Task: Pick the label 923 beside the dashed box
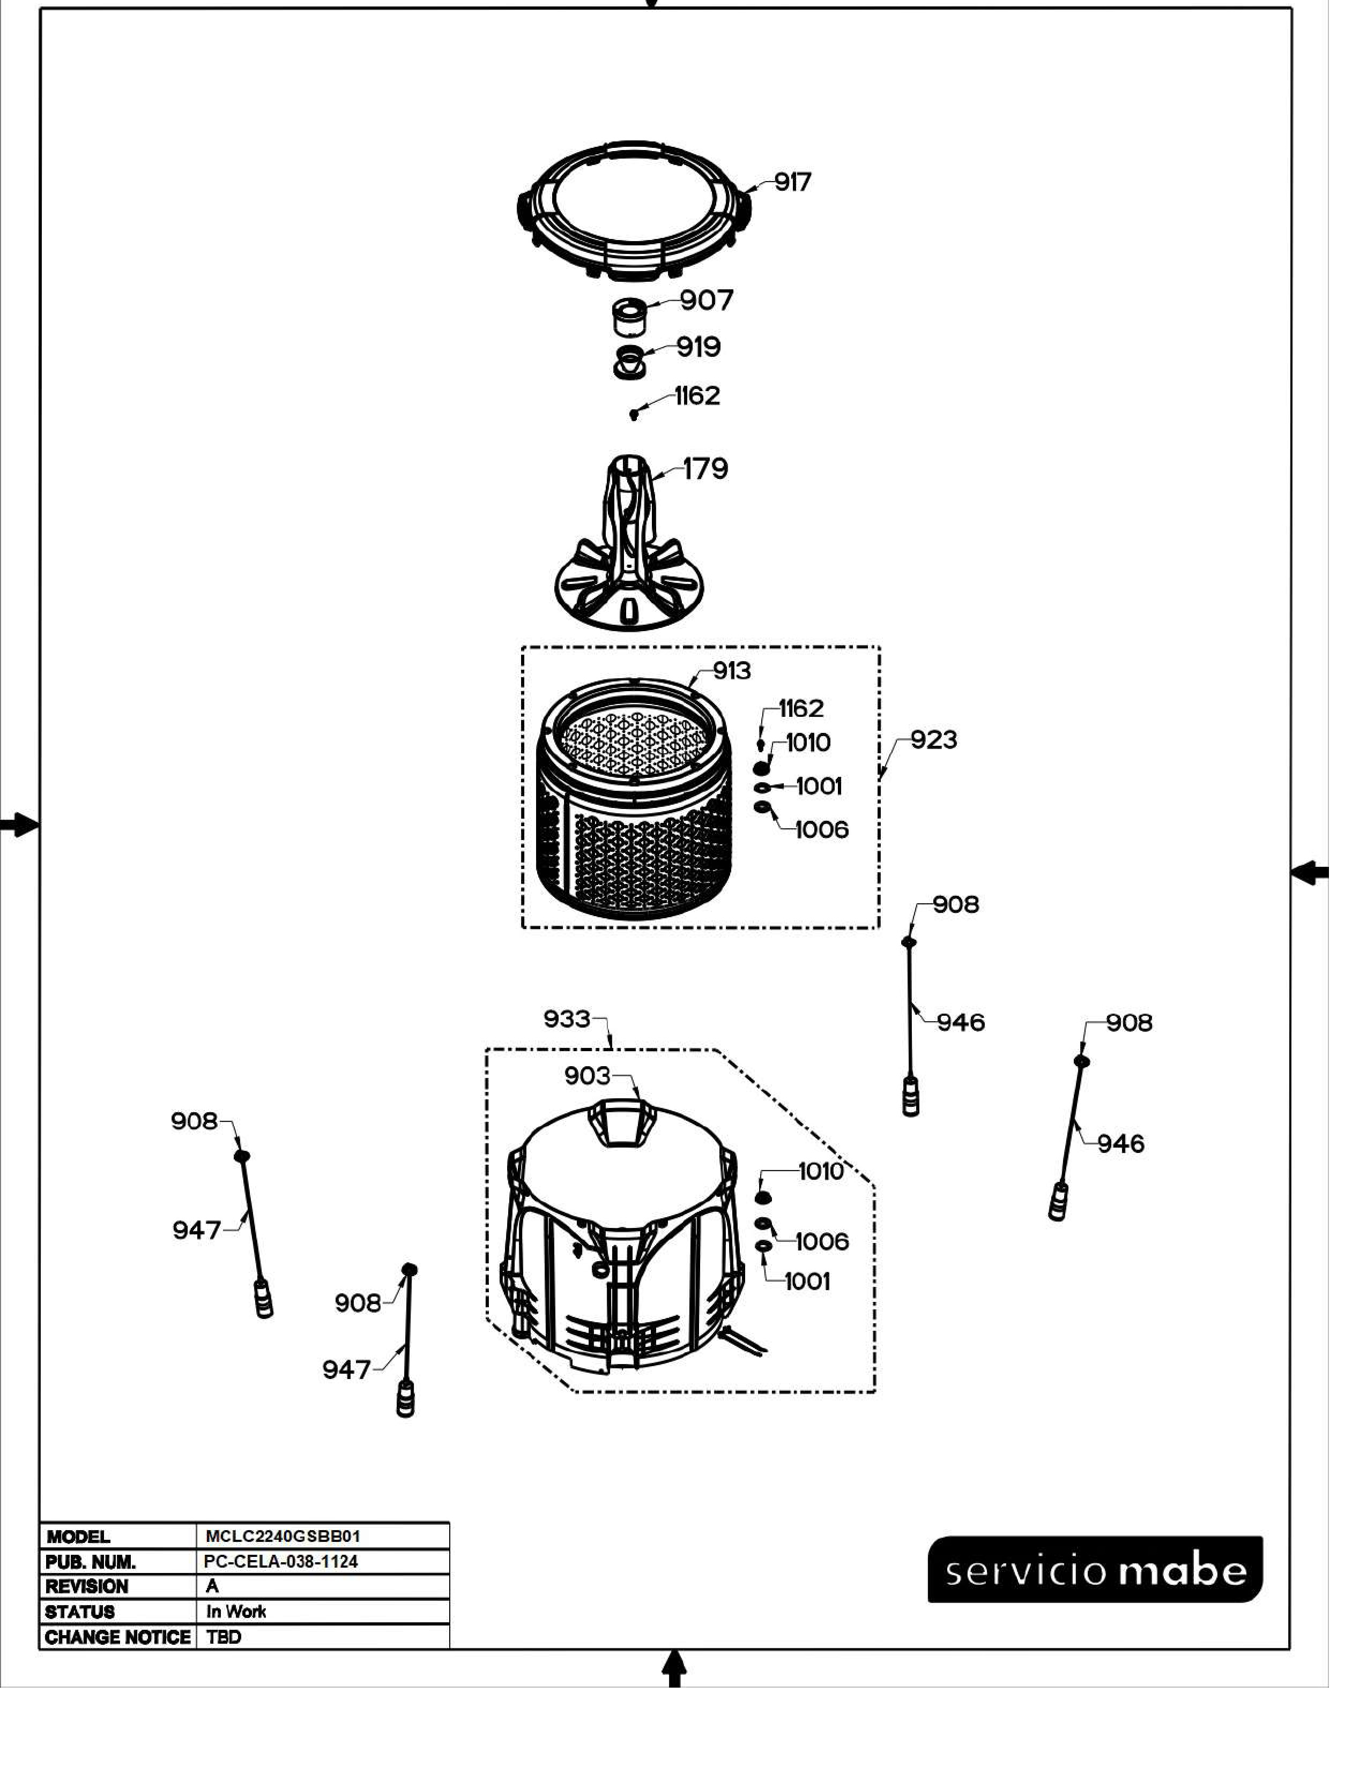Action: pos(934,739)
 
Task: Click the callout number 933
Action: pos(567,1018)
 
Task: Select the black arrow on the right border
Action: pos(1309,873)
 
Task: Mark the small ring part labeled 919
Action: pos(630,361)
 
